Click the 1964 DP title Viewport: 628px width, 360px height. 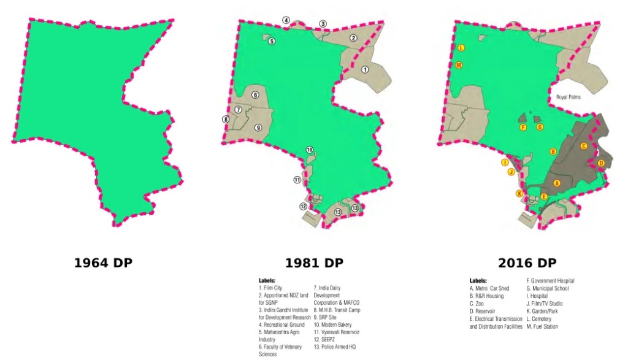(103, 263)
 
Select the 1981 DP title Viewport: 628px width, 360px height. (314, 263)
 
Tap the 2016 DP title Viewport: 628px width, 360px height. (527, 263)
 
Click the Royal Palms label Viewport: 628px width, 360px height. (569, 97)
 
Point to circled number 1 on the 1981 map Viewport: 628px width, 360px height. (365, 70)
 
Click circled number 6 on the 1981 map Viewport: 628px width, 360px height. (255, 95)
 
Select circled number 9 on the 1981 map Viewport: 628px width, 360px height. (258, 127)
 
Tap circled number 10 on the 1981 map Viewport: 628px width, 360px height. (310, 150)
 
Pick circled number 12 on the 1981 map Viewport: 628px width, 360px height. (303, 207)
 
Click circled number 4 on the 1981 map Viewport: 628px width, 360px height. (286, 20)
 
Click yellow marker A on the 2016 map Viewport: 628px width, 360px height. (557, 183)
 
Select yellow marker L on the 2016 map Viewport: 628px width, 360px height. (461, 48)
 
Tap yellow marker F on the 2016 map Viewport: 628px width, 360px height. (523, 128)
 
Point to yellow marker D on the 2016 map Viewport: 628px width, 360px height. (601, 163)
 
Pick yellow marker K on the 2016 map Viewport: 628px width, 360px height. (519, 194)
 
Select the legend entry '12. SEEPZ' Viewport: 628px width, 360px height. (326, 339)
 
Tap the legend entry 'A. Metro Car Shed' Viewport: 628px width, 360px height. (489, 288)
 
